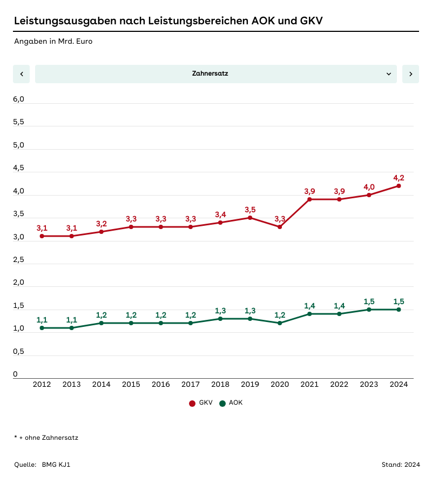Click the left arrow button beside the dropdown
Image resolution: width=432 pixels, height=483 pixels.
tap(21, 74)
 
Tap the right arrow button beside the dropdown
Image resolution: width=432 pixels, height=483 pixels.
tap(410, 74)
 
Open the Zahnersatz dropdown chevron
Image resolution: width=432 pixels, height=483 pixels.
tap(389, 74)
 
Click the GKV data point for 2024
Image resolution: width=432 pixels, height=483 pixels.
tap(399, 186)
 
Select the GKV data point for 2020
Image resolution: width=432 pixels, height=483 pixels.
tap(280, 227)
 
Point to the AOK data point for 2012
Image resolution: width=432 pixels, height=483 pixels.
tap(42, 328)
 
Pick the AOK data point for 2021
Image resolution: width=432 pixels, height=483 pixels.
tap(309, 314)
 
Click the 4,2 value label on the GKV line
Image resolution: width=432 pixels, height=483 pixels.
tap(399, 178)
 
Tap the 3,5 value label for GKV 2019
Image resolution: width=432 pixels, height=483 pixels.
tap(250, 210)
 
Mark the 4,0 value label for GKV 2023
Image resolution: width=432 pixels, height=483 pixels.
tap(369, 187)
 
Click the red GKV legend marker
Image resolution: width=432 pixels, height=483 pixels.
tap(192, 403)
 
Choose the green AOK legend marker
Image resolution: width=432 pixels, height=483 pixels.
tap(221, 403)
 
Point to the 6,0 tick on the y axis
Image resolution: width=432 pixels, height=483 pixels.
tap(19, 99)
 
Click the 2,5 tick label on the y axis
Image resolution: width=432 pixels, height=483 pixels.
tap(19, 260)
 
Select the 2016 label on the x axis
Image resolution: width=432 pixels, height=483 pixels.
tap(160, 385)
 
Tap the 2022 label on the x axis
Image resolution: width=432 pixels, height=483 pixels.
tap(339, 385)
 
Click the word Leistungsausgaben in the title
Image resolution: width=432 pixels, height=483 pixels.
tap(64, 21)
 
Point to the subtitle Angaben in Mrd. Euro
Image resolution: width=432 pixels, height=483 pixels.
tap(53, 41)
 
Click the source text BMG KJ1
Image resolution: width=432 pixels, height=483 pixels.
tap(56, 465)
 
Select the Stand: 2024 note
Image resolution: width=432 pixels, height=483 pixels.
tap(400, 465)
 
